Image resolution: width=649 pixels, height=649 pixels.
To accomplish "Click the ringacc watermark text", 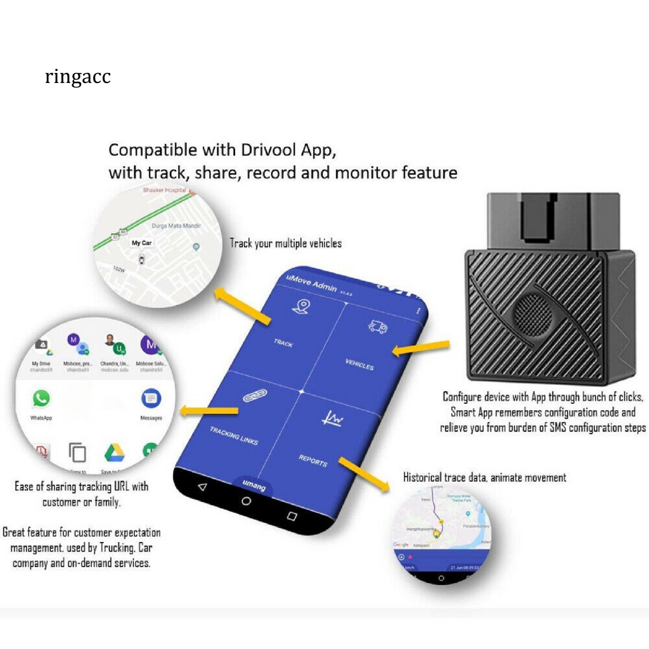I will click(x=78, y=77).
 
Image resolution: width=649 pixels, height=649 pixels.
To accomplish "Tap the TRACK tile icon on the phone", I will click(x=299, y=307).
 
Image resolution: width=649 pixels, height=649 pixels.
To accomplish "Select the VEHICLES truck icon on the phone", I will click(x=378, y=327).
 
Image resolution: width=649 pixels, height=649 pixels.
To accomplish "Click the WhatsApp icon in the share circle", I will click(x=41, y=399).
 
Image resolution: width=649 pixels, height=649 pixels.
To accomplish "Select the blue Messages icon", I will click(x=151, y=399).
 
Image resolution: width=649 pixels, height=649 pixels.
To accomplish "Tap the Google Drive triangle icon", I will click(x=114, y=452).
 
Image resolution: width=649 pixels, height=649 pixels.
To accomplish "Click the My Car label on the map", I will click(x=141, y=243).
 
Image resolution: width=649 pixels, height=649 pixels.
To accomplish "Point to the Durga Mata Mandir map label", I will click(x=176, y=225).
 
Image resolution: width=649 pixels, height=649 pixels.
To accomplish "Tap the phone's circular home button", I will click(x=246, y=501).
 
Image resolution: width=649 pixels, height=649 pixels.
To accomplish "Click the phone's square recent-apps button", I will click(x=292, y=515).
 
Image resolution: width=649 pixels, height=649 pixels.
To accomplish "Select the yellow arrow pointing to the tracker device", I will click(x=421, y=347).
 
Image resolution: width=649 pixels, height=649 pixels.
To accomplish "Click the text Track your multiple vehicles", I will click(x=285, y=243).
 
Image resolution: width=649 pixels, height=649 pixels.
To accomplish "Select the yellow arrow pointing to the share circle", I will click(x=209, y=411).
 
